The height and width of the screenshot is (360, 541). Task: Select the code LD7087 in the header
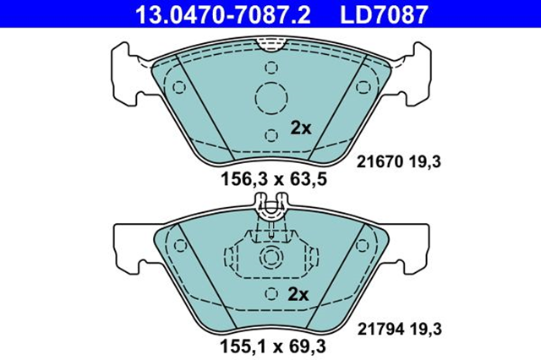pos(385,14)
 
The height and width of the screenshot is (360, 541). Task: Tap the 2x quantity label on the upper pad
pos(301,128)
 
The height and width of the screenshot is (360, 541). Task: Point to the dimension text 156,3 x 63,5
pos(273,178)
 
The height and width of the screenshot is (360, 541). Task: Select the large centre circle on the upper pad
pos(272,98)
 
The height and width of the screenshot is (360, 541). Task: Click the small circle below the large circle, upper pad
pos(270,134)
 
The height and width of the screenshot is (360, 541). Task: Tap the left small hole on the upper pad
pos(178,87)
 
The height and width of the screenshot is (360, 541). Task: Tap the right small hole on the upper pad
pos(364,87)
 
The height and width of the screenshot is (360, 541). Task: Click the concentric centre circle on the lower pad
pos(271,258)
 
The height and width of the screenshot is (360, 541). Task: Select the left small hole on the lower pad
pos(178,246)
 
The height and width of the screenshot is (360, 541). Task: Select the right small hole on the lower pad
pos(364,246)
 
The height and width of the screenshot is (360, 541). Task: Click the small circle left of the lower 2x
pos(270,293)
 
